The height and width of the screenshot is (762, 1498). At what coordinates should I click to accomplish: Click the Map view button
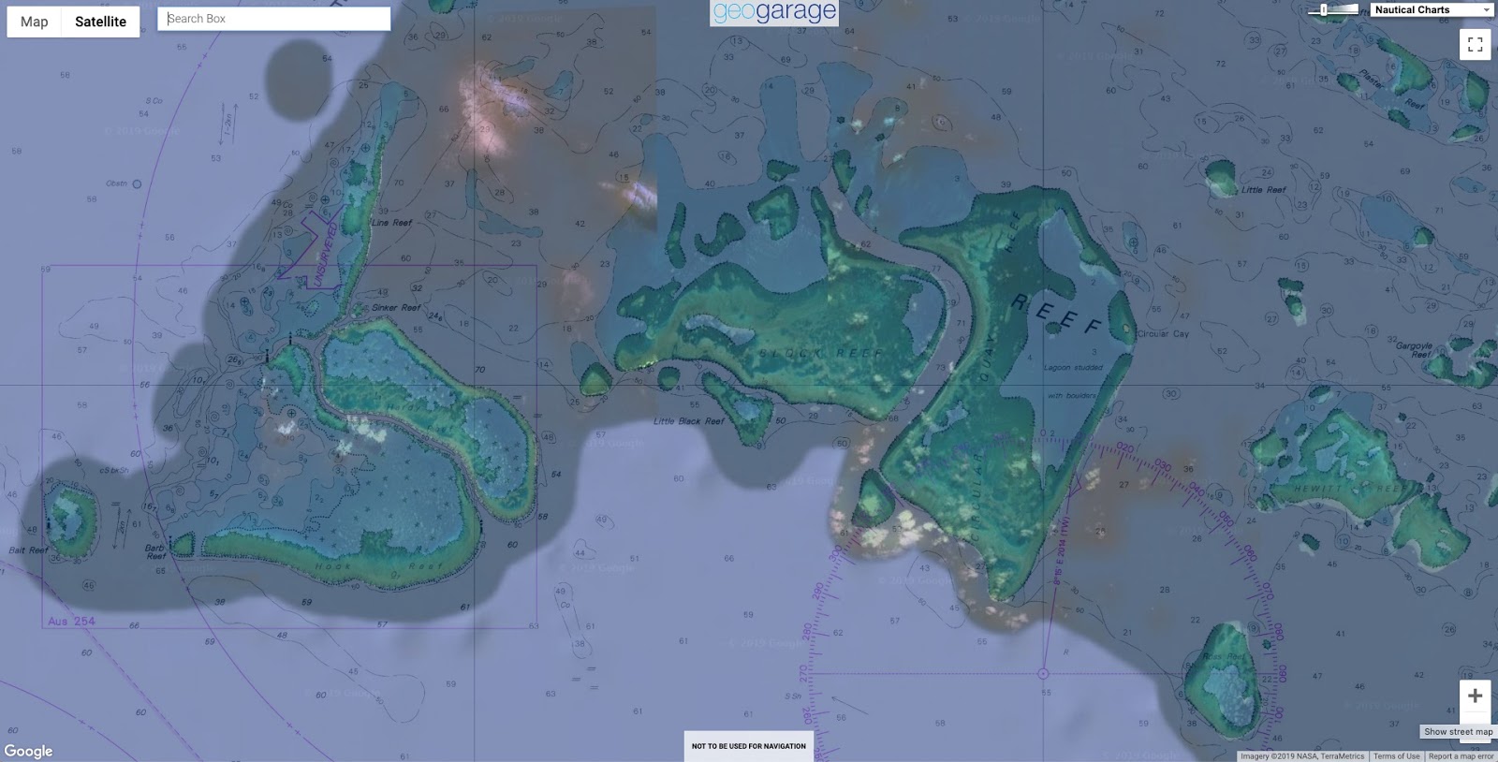pyautogui.click(x=35, y=22)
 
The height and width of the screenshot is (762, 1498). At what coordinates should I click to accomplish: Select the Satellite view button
pyautogui.click(x=100, y=22)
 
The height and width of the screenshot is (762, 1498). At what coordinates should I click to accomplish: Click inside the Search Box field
pyautogui.click(x=273, y=19)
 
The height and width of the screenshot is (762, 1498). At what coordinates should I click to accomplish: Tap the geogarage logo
pyautogui.click(x=773, y=12)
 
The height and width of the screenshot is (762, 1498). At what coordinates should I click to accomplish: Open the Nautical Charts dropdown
pyautogui.click(x=1432, y=9)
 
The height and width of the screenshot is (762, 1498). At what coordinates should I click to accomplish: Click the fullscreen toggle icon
pyautogui.click(x=1475, y=44)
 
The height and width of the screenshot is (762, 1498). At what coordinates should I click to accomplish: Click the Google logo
pyautogui.click(x=28, y=751)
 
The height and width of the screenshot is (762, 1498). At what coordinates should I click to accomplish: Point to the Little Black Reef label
pyautogui.click(x=689, y=421)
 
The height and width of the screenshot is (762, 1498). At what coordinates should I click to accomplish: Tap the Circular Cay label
pyautogui.click(x=1163, y=333)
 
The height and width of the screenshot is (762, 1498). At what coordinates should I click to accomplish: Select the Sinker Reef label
pyautogui.click(x=396, y=307)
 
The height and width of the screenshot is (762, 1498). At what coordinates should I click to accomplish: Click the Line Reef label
pyautogui.click(x=391, y=223)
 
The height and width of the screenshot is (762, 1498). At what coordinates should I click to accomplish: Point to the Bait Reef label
pyautogui.click(x=28, y=550)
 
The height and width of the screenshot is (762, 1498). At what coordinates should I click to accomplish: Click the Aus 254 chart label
pyautogui.click(x=71, y=621)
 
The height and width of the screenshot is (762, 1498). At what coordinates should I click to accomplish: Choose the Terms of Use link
pyautogui.click(x=1396, y=755)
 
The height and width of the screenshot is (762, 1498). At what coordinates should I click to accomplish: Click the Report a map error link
pyautogui.click(x=1461, y=755)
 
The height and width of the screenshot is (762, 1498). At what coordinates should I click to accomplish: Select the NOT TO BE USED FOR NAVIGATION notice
pyautogui.click(x=748, y=746)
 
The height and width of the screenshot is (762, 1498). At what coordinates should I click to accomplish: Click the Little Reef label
pyautogui.click(x=1263, y=190)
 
